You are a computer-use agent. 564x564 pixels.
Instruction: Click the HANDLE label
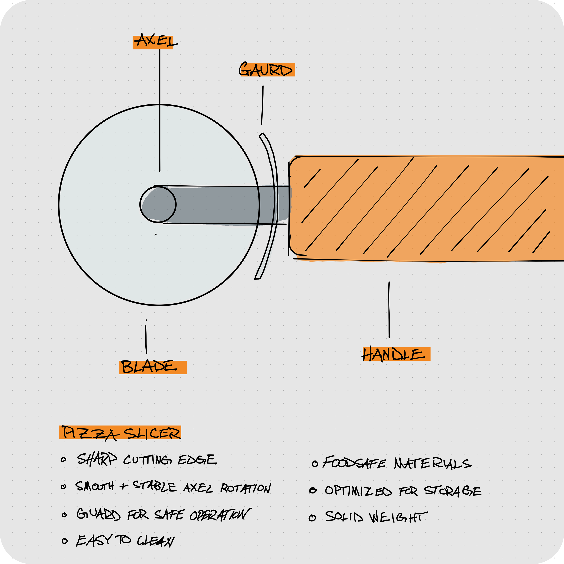[x=394, y=354]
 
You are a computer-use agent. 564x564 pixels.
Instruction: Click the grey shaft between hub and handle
[x=222, y=205]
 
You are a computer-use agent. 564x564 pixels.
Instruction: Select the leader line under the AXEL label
[x=160, y=111]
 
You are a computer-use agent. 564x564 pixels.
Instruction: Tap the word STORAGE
[x=453, y=491]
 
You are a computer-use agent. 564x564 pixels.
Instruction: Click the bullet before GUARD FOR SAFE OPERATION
[x=64, y=515]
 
